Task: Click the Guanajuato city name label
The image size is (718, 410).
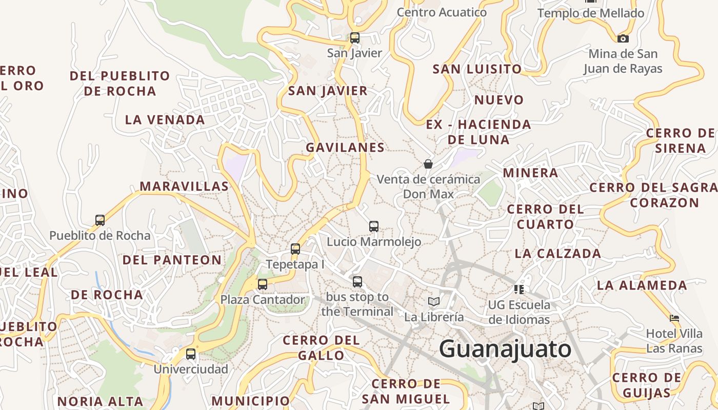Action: (505, 349)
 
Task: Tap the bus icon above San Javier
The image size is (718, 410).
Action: (355, 37)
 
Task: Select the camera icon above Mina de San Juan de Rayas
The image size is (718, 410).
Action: (623, 38)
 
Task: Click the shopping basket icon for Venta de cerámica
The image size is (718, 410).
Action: (428, 164)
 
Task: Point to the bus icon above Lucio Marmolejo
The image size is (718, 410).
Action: (374, 226)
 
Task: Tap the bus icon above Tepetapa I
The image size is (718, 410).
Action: (295, 249)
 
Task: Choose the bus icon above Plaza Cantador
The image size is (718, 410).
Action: (263, 284)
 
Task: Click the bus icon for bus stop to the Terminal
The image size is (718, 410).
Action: (357, 281)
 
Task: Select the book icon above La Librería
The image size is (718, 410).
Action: (434, 301)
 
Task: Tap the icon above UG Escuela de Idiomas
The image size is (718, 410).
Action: (519, 290)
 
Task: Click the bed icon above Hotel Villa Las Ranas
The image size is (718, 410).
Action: (674, 318)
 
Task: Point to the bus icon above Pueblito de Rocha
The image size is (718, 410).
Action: (100, 220)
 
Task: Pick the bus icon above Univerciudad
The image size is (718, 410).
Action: (191, 354)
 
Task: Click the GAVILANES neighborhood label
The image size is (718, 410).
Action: (345, 148)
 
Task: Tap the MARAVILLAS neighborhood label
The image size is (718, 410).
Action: (184, 186)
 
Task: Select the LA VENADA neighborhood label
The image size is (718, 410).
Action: (165, 120)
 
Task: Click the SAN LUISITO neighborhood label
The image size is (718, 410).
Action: (477, 69)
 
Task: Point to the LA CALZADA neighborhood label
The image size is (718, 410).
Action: (558, 253)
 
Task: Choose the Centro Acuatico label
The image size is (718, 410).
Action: (442, 12)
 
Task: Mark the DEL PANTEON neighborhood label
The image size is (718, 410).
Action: (172, 260)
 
